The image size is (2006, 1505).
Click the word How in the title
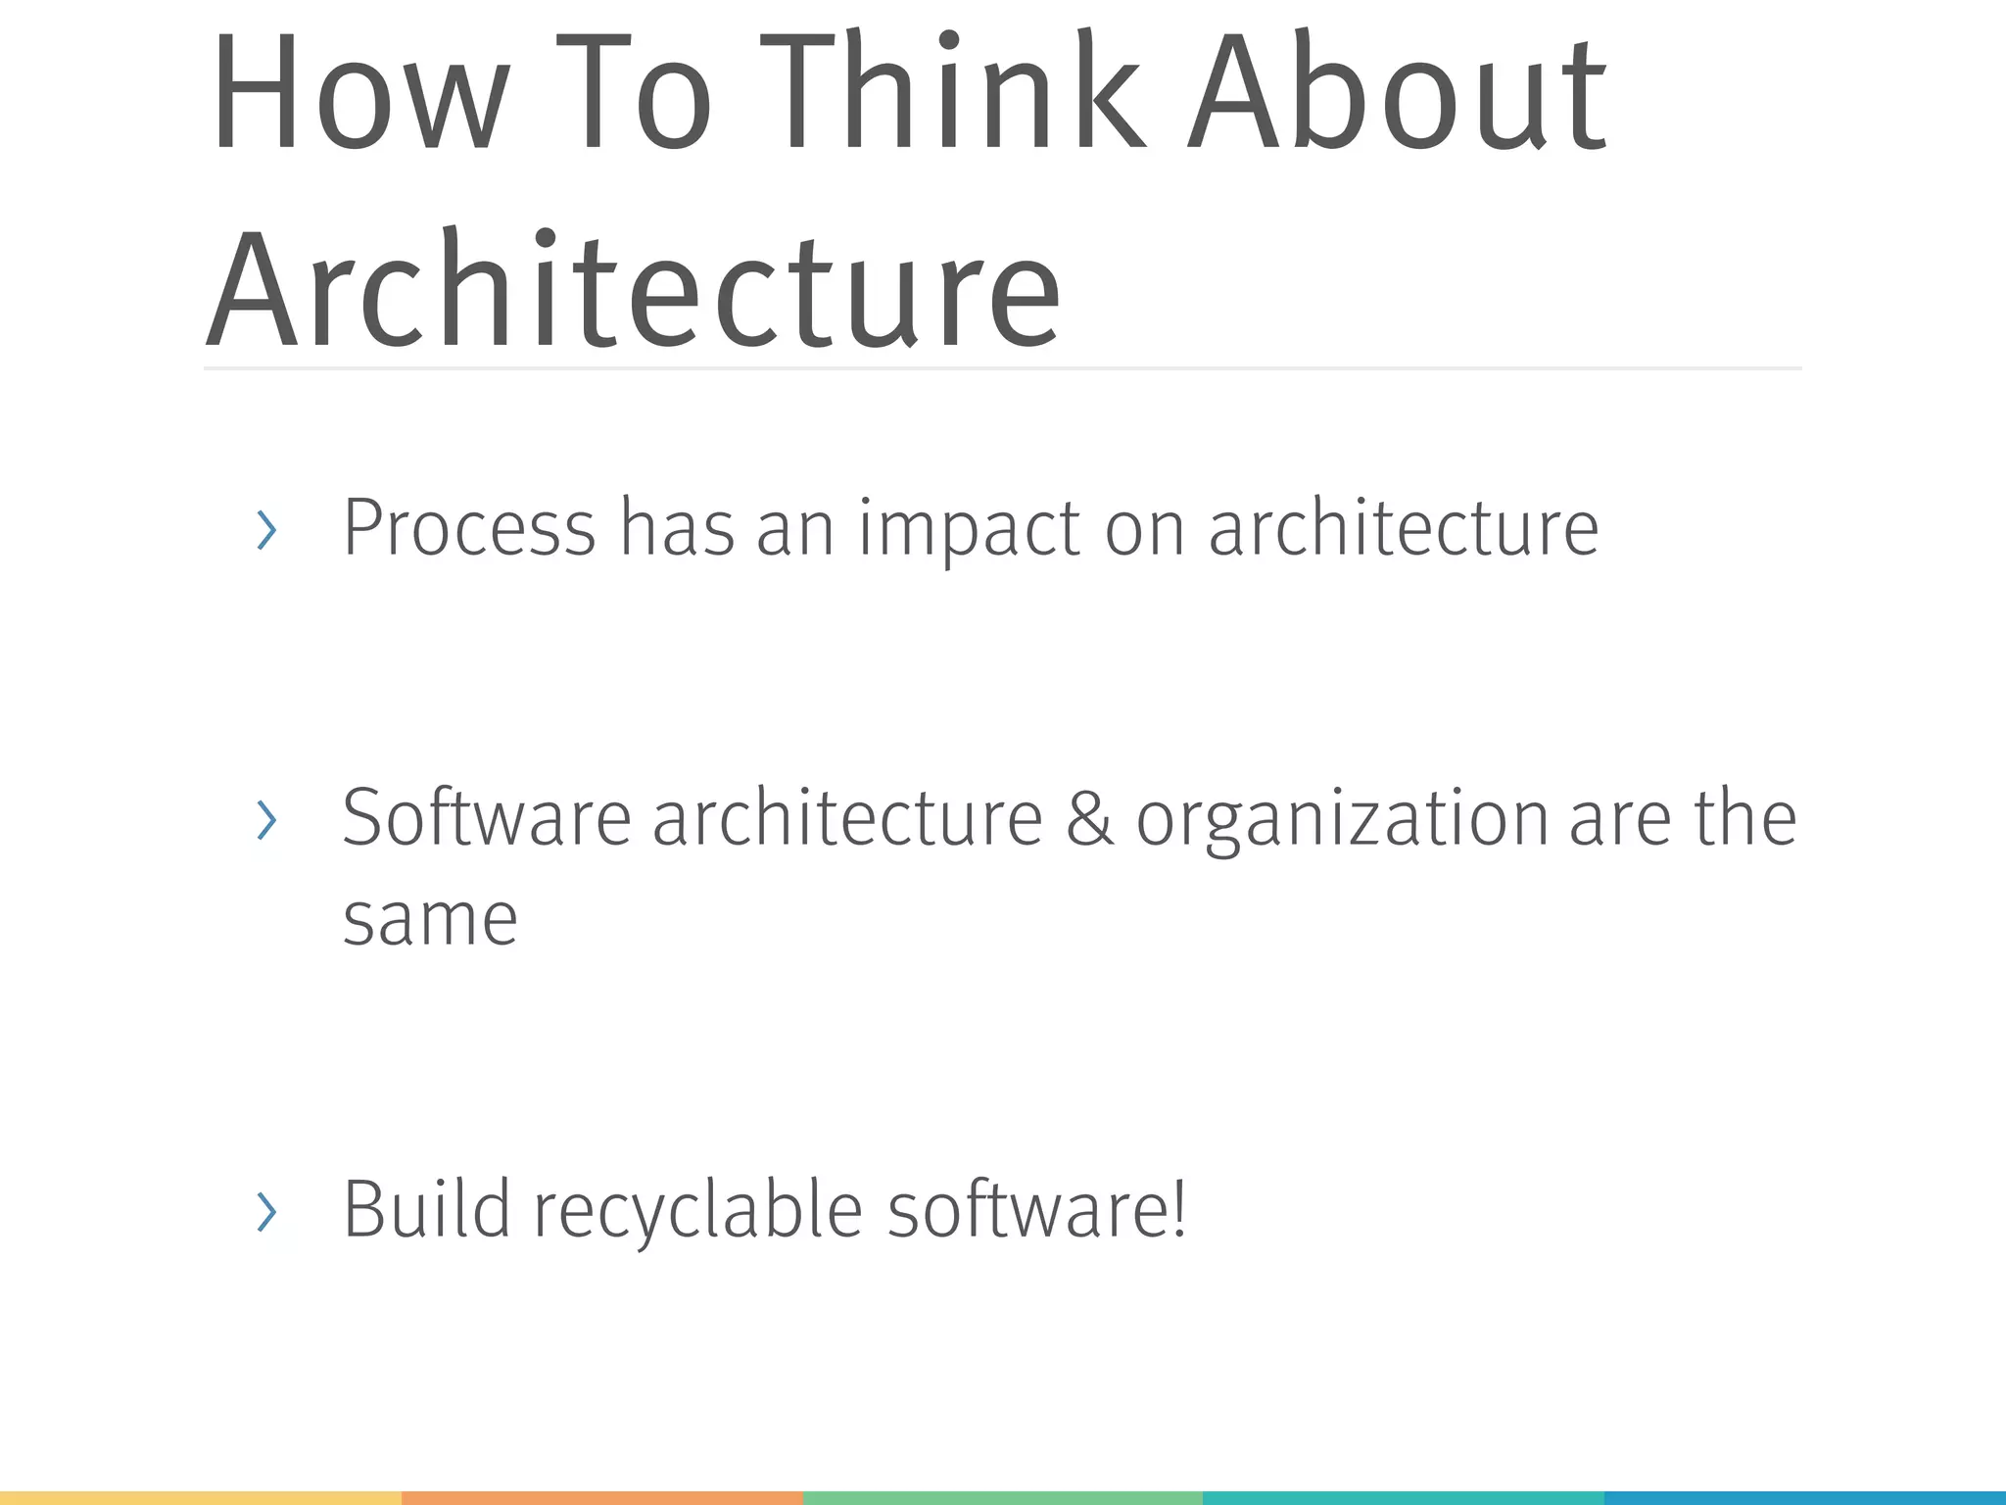pyautogui.click(x=358, y=93)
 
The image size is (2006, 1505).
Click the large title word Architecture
pyautogui.click(x=633, y=289)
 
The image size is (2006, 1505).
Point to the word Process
pyautogui.click(x=469, y=529)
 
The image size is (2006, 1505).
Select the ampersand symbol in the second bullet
pyautogui.click(x=1088, y=819)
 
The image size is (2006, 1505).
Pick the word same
pyautogui.click(x=430, y=920)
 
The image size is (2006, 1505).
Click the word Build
pyautogui.click(x=426, y=1210)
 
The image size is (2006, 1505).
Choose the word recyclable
pyautogui.click(x=697, y=1210)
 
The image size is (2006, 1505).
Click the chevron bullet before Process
pyautogui.click(x=265, y=530)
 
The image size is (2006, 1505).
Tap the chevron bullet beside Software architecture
pyautogui.click(x=265, y=820)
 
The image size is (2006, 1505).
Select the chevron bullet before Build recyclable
pyautogui.click(x=265, y=1212)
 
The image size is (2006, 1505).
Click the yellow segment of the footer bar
pyautogui.click(x=201, y=1498)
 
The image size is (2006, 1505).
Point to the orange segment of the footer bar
pyautogui.click(x=602, y=1498)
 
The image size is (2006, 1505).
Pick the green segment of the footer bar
pyautogui.click(x=1003, y=1498)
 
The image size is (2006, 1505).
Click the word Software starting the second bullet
pyautogui.click(x=487, y=819)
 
